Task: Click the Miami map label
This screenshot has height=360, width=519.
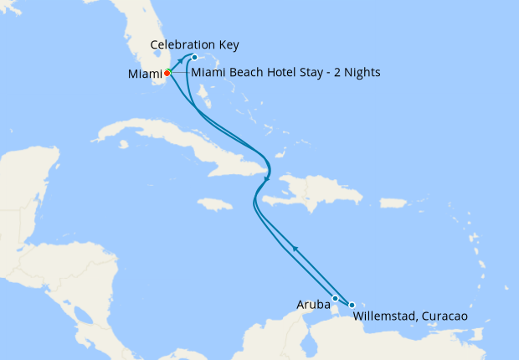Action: (x=145, y=74)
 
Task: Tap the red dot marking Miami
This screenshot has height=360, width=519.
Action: (x=167, y=73)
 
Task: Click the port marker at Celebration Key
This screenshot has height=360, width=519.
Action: (x=194, y=58)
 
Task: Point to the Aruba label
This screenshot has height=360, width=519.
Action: (x=314, y=304)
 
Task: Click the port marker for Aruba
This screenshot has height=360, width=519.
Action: (x=335, y=298)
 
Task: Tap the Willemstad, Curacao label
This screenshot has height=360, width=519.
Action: (x=409, y=316)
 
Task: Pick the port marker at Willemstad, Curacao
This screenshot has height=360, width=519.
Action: (x=352, y=305)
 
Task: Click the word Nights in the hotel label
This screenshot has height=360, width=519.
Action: (x=362, y=73)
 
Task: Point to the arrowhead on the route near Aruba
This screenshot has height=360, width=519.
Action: (x=294, y=247)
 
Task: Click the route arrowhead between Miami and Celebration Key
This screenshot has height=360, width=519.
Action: (x=180, y=62)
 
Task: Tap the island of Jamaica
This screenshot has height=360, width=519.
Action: (x=216, y=203)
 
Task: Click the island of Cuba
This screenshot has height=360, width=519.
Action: (x=167, y=147)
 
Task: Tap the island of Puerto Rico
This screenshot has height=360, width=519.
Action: (x=395, y=203)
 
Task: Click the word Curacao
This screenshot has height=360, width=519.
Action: (x=441, y=316)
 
